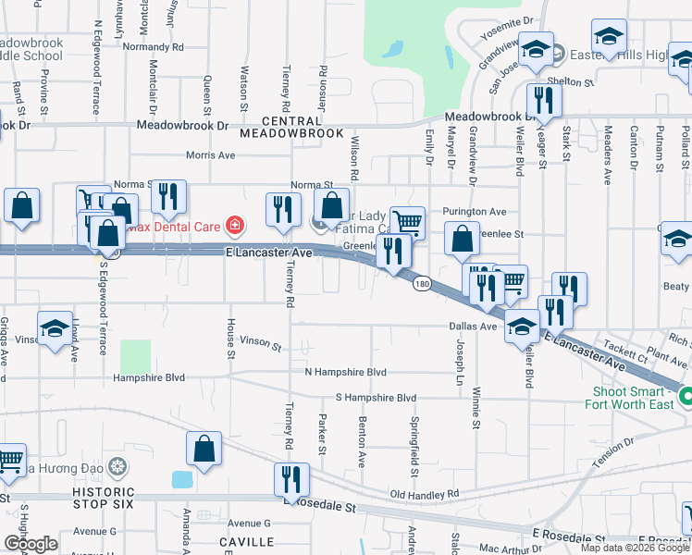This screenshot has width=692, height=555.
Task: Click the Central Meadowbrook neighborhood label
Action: (290, 127)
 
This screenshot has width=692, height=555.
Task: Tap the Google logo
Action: (31, 544)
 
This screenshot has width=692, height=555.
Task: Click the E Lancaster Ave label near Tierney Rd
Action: (269, 252)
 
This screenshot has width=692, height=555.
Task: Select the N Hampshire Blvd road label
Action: (345, 372)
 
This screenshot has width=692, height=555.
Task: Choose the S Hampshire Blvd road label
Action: (376, 398)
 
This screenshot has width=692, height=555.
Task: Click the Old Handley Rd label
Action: (425, 496)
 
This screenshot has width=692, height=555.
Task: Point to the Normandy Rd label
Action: (154, 46)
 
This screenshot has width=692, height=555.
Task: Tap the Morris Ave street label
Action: (210, 155)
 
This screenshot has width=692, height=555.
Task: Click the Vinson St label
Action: (260, 344)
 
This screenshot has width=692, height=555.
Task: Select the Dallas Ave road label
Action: (474, 327)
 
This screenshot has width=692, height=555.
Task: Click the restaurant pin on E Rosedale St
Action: (291, 480)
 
